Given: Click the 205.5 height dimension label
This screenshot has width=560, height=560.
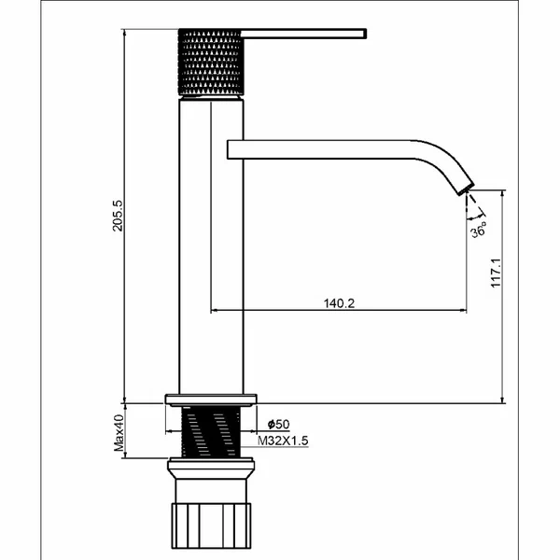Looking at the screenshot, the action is point(118,216).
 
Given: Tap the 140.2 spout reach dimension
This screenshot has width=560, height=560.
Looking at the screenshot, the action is point(339,303).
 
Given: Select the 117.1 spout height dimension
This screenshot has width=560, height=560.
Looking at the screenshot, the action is point(497,273).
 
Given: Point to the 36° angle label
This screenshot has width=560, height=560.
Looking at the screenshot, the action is point(479,230).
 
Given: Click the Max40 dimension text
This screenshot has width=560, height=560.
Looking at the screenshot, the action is point(119,432).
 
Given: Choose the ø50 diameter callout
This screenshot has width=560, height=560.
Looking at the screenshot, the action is point(278,425).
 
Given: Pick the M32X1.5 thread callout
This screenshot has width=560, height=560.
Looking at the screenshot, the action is point(283,441).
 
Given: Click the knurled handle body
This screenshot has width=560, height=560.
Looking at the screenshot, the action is point(211,63).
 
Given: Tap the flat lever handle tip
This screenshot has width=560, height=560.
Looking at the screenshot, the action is point(364,34).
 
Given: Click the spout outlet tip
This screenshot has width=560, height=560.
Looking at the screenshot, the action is point(467,189).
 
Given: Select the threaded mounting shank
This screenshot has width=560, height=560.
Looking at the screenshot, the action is point(211,432).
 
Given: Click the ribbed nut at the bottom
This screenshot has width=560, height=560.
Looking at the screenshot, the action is point(211,525).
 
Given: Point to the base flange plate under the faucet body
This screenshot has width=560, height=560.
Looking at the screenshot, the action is point(211,400).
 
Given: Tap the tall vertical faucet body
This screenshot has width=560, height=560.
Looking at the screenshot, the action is point(211,246).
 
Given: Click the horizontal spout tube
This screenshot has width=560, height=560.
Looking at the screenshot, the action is point(321,149).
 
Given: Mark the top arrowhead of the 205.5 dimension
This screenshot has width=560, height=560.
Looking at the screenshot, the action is point(124,32).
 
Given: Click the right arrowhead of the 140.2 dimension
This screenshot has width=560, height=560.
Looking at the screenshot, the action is point(463,311).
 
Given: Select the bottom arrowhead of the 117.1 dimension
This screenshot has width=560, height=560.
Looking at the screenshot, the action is point(502,399).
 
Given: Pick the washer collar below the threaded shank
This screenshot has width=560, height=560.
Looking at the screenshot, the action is point(211,469).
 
